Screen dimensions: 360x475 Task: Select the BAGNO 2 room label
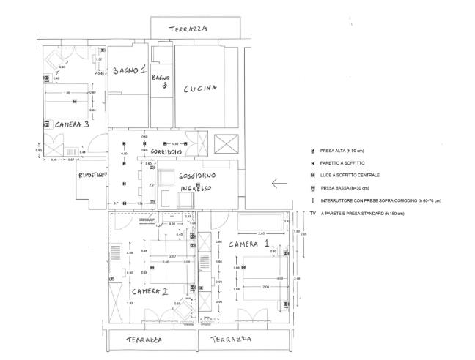[x=161, y=80]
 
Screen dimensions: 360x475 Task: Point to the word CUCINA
[x=200, y=89]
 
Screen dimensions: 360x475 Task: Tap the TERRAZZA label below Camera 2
[x=144, y=340]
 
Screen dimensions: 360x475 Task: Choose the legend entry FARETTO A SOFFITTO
[x=346, y=162]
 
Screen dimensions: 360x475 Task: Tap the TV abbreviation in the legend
[x=313, y=212]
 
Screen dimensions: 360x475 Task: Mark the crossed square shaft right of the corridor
[x=224, y=143]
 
